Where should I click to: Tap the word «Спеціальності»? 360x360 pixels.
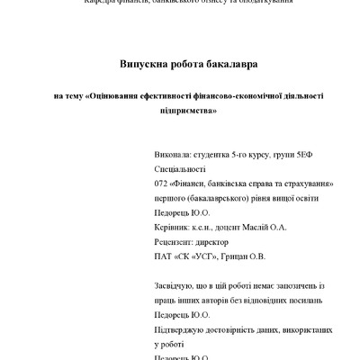pos(180,169)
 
